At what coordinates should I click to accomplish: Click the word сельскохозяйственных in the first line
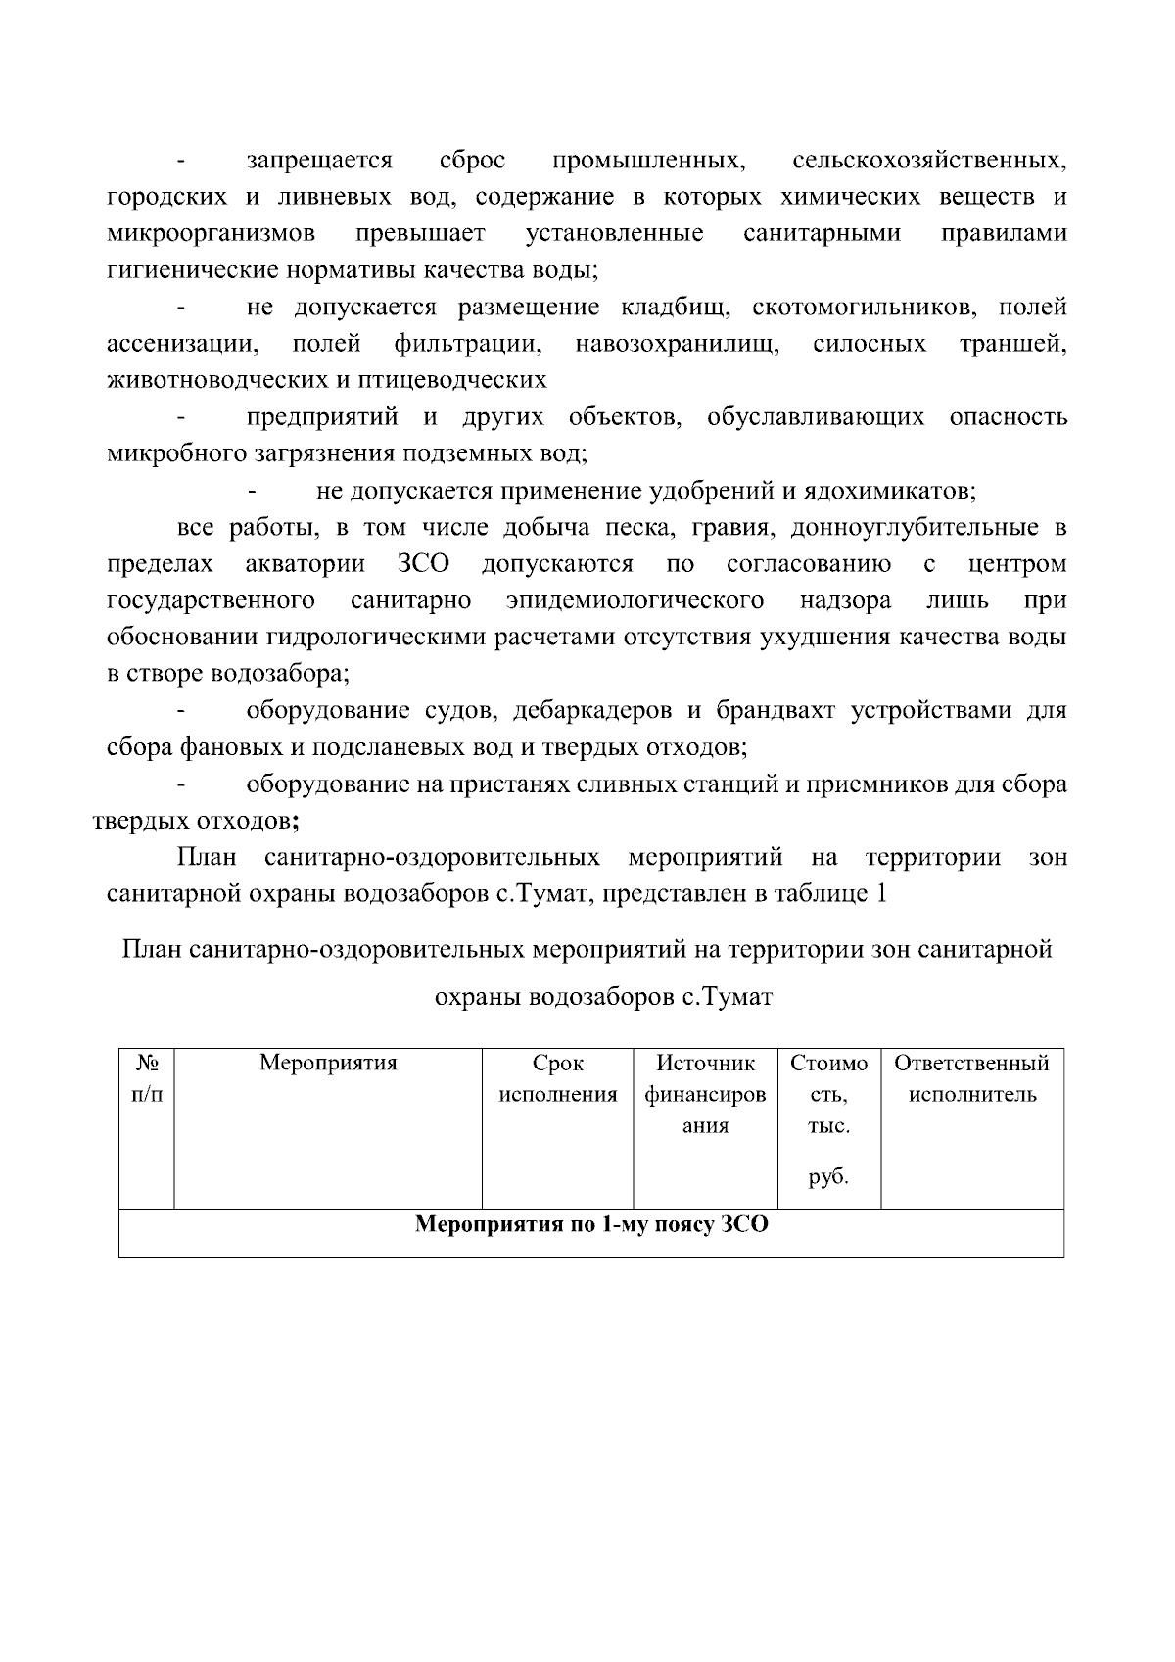(929, 161)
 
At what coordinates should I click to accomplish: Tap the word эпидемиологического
(635, 600)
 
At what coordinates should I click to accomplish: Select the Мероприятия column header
(328, 1064)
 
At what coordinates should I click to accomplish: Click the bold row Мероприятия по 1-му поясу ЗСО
(591, 1225)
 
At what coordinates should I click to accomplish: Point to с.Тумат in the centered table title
(728, 998)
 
